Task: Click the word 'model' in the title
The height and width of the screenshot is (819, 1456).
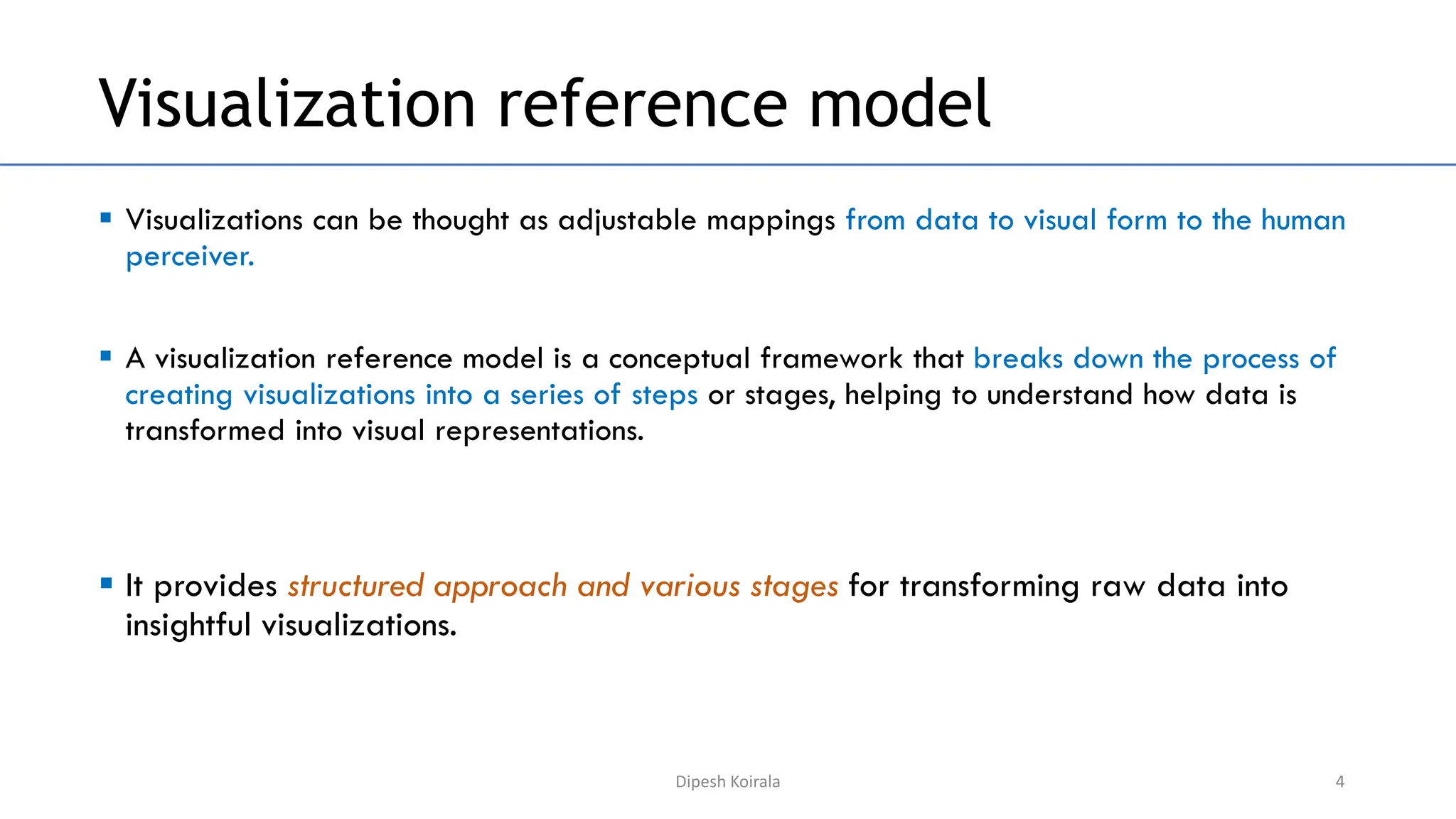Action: tap(899, 105)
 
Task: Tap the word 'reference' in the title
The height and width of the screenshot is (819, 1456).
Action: tap(642, 105)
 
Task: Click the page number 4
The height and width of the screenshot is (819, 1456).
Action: tap(1339, 781)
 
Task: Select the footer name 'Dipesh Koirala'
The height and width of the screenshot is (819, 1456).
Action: tap(727, 781)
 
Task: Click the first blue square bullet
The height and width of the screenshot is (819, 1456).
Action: tap(106, 218)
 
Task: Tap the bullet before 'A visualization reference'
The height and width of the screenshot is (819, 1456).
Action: tap(106, 356)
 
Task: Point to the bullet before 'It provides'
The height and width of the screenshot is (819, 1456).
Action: tap(106, 584)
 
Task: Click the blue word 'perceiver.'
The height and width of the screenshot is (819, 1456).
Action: tap(190, 257)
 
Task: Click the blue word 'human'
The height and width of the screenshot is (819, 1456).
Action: tap(1303, 220)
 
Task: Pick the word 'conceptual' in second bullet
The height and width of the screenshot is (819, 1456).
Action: tap(679, 359)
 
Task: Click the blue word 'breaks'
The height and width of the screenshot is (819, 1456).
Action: tap(1018, 359)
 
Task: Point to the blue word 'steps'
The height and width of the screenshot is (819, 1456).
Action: tap(664, 396)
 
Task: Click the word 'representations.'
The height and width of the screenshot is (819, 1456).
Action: tap(539, 432)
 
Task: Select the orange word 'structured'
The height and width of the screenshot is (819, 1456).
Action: tap(355, 587)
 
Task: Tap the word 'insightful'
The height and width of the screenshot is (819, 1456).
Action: tap(188, 626)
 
